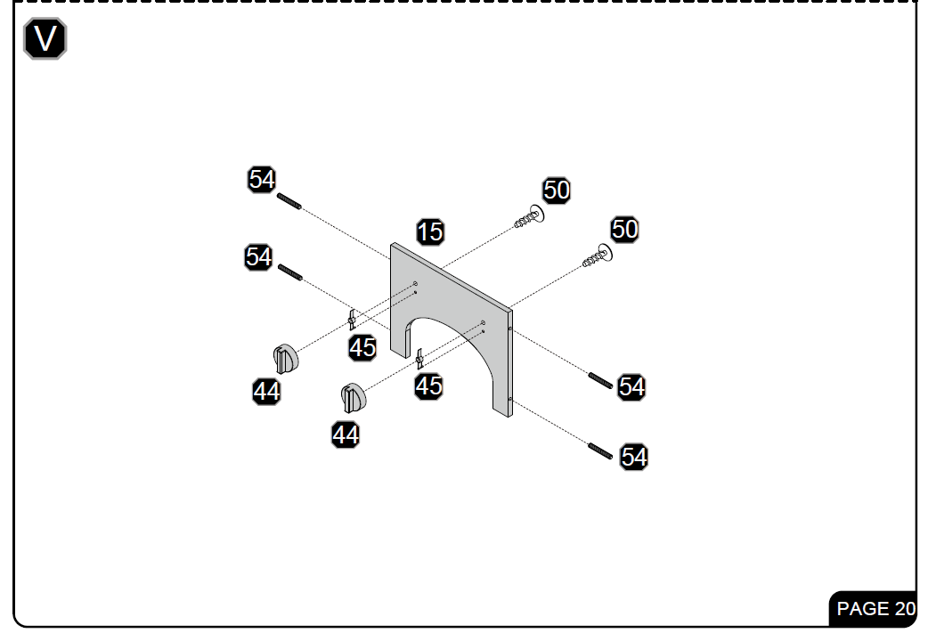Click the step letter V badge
click(45, 38)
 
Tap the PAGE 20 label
click(875, 608)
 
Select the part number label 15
click(430, 231)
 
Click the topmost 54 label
click(262, 179)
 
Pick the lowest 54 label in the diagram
click(634, 457)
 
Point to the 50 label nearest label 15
click(557, 190)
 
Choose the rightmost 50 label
click(624, 230)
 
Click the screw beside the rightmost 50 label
click(598, 256)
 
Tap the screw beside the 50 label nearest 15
click(529, 216)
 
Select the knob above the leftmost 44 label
click(286, 359)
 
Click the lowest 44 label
click(346, 434)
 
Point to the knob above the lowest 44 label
click(354, 398)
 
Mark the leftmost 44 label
click(266, 392)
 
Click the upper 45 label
click(362, 347)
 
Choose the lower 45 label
click(428, 385)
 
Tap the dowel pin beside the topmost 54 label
click(289, 201)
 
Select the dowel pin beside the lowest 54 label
click(600, 450)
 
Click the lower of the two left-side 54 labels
click(258, 257)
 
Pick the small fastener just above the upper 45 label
click(352, 320)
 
